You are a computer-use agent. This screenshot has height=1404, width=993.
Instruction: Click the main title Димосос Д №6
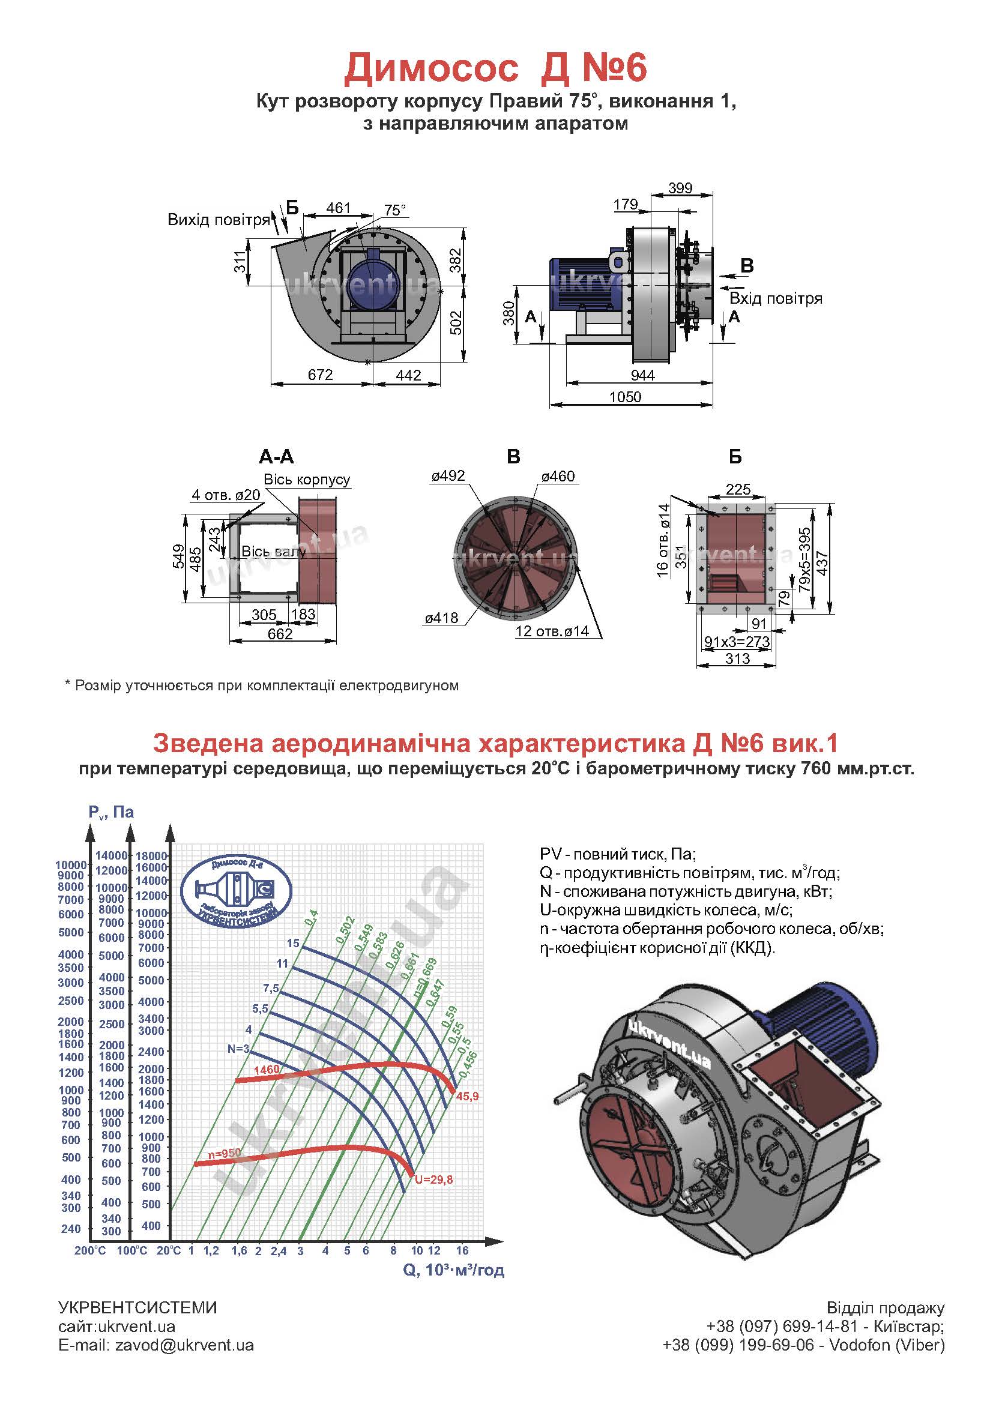click(495, 68)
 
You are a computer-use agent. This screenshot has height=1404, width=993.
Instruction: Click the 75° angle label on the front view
click(395, 210)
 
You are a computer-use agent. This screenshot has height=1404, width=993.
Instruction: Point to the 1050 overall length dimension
click(625, 397)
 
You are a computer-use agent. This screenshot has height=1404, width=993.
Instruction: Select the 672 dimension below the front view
click(320, 374)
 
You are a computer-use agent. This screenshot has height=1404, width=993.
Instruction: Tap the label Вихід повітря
click(219, 220)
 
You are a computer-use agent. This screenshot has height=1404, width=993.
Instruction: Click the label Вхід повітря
click(775, 298)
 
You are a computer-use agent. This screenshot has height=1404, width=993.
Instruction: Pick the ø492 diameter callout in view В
click(448, 476)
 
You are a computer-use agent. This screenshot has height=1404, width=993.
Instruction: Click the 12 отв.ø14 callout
click(552, 631)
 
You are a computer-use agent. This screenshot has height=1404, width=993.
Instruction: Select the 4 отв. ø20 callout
click(226, 494)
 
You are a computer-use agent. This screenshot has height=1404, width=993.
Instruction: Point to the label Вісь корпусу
click(306, 480)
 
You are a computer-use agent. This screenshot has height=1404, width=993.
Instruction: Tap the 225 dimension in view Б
click(737, 489)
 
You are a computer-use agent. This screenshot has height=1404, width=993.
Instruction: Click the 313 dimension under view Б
click(737, 658)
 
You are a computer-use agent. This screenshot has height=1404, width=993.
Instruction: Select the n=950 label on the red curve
click(225, 1153)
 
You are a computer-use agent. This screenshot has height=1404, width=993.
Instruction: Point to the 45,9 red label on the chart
click(467, 1097)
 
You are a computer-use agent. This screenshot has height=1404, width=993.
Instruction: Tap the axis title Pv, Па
click(110, 812)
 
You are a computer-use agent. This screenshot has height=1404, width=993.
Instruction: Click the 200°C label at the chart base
click(90, 1250)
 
